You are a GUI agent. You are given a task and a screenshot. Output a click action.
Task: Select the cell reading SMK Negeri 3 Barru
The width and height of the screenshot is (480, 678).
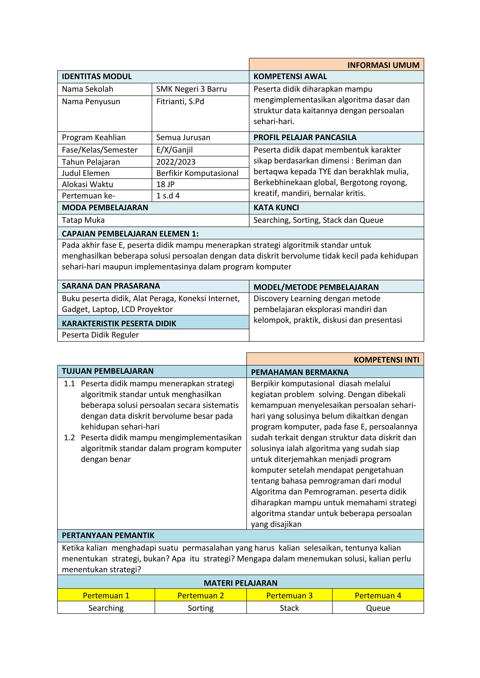click(x=191, y=89)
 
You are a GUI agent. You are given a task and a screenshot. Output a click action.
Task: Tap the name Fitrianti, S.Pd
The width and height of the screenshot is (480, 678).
click(x=180, y=102)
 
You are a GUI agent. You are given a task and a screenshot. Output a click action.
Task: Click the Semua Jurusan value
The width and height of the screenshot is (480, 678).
click(x=183, y=138)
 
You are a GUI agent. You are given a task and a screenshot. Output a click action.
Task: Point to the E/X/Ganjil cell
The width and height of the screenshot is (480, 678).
click(x=174, y=150)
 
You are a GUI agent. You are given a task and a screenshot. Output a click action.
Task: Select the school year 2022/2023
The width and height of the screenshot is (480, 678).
click(x=176, y=162)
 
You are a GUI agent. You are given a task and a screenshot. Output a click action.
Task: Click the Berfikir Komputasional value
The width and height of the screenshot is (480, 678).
click(x=197, y=173)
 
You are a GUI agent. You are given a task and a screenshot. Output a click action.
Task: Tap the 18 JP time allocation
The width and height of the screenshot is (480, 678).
click(x=165, y=184)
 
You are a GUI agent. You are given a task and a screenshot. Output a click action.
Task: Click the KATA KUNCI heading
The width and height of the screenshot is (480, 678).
click(x=276, y=208)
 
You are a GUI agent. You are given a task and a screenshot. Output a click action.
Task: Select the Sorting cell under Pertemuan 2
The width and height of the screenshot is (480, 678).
click(x=200, y=608)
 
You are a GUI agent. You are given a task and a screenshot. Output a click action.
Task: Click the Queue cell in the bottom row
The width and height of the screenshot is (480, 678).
click(x=378, y=608)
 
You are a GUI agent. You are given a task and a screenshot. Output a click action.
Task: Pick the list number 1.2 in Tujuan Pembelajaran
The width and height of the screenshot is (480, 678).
click(x=69, y=438)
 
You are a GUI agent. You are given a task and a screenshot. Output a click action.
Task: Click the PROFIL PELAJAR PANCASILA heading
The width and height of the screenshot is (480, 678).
click(x=305, y=138)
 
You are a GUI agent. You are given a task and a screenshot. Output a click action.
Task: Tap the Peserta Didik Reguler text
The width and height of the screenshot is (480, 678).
click(x=100, y=335)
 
